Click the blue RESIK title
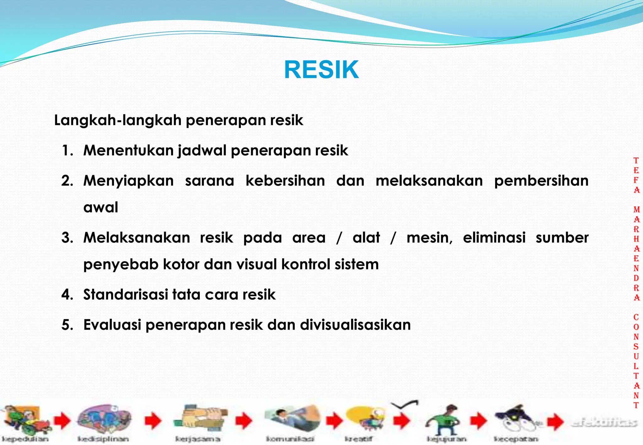pos(321,70)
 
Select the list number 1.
pos(67,151)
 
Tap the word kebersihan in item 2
pos(285,181)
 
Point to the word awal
pos(100,207)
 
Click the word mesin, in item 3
pos(430,238)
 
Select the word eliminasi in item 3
pos(494,238)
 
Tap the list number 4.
pos(67,295)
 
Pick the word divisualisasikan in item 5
pos(355,325)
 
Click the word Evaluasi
pos(112,325)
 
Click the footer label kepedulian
pos(25,439)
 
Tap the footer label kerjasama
pos(197,439)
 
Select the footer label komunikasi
pos(290,439)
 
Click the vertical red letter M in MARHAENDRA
pos(636,210)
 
